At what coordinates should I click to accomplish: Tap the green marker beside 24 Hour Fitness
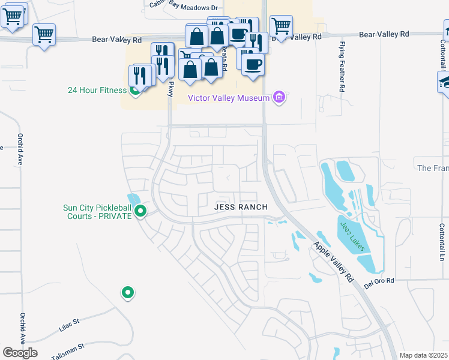click(x=136, y=91)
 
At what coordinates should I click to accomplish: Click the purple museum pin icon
click(x=278, y=97)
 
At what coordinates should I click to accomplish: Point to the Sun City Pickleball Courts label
click(x=97, y=212)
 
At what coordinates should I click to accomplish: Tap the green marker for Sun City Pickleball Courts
click(x=141, y=211)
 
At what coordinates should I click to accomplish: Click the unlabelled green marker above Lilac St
click(x=127, y=293)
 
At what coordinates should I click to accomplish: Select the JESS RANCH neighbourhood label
click(x=240, y=207)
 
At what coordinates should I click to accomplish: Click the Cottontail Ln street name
click(x=441, y=242)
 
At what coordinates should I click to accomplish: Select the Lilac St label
click(x=68, y=324)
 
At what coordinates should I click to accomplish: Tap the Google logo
click(x=20, y=353)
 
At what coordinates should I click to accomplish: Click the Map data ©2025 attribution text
click(x=423, y=355)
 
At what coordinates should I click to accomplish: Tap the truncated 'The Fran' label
click(x=432, y=168)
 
